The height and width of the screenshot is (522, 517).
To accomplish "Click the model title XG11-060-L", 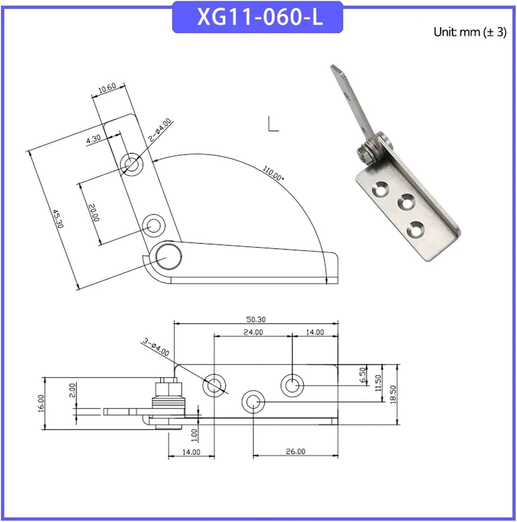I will pos(259,17).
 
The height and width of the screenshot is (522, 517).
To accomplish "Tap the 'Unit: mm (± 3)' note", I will pos(470,32).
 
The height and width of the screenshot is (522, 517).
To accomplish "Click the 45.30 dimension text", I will pos(58,218).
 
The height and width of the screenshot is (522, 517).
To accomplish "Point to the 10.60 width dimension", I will pos(107,88).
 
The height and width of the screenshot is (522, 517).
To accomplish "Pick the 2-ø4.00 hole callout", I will pos(160,129).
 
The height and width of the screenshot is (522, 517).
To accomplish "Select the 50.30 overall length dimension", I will pos(256,319).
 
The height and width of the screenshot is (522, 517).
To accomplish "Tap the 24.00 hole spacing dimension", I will pos(253,332).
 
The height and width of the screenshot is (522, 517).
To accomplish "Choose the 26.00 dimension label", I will pos(295,451).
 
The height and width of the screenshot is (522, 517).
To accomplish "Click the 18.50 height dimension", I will pos(393,394).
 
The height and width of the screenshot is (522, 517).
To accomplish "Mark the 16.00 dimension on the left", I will pos(41,403).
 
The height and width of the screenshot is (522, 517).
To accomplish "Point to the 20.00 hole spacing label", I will pos(94,213).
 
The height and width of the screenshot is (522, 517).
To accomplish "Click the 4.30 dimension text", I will pos(93,139).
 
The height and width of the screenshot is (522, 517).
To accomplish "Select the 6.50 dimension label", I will pos(363,375).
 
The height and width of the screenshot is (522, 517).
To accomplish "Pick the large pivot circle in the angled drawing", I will pos(168,257).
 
